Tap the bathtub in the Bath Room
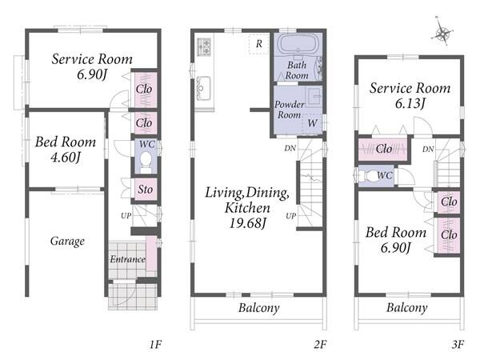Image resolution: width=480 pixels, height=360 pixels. click(298, 45)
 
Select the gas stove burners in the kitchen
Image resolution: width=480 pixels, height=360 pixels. click(204, 47)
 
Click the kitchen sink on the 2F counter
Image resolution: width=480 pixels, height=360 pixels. click(203, 88)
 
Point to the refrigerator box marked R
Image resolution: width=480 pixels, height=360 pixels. click(259, 44)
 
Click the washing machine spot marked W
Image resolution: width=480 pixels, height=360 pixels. click(312, 124)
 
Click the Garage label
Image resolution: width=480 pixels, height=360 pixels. click(67, 242)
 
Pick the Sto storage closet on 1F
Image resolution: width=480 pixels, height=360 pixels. click(146, 190)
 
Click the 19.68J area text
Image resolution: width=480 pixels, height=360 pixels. click(248, 222)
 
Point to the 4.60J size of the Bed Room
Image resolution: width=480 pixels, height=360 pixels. click(66, 157)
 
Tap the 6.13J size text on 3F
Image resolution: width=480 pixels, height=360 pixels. click(410, 103)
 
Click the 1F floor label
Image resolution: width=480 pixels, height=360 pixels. click(155, 345)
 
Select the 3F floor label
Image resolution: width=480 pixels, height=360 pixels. click(458, 345)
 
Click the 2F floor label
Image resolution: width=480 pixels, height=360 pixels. click(320, 345)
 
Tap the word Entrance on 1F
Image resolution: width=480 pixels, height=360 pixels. click(128, 259)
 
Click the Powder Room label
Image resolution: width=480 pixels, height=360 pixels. click(289, 110)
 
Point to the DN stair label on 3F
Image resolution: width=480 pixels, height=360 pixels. click(428, 149)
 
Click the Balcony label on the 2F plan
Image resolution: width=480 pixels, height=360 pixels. click(259, 308)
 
